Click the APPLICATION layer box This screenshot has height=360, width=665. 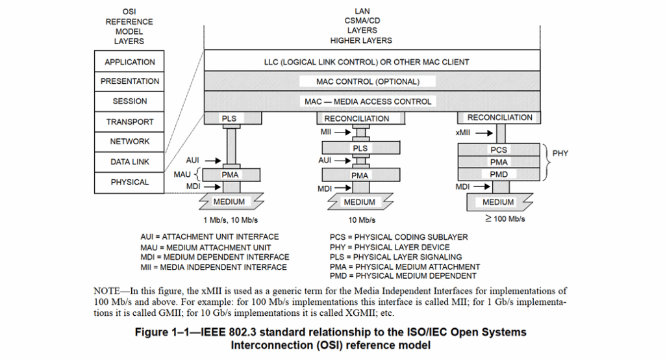pos(130,62)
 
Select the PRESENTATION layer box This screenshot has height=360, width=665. pos(130,81)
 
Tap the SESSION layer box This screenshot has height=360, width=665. pos(130,101)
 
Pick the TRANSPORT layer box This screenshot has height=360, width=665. pos(130,122)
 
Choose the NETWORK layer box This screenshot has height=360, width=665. pos(130,141)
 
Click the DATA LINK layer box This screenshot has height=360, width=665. pos(130,162)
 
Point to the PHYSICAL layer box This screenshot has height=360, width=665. pos(130,182)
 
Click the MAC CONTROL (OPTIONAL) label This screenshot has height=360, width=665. pos(368,82)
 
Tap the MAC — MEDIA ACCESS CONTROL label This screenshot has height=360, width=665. pos(368,101)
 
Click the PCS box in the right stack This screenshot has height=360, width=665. pos(499,149)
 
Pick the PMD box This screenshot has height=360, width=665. pos(499,174)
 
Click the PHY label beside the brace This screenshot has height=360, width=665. pos(560,154)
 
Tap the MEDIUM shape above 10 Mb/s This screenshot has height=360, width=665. pos(359,202)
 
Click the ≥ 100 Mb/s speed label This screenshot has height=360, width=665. pos(505,219)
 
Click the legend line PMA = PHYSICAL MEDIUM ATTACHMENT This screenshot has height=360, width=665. pos(405,266)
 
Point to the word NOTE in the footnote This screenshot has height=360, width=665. pos(107,290)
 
